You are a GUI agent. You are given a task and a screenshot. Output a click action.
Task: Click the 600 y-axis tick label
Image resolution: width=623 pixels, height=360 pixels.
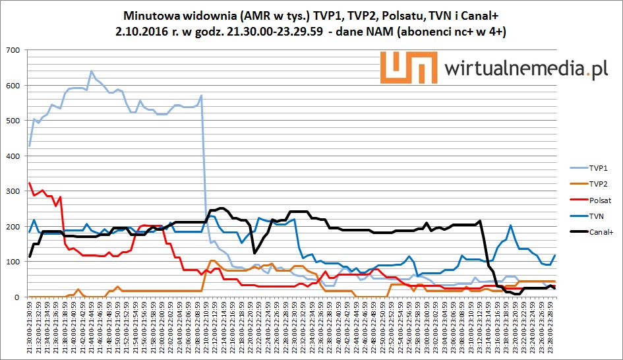click(x=12, y=85)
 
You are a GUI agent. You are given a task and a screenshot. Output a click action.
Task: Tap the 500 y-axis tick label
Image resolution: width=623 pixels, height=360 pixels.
click(x=12, y=121)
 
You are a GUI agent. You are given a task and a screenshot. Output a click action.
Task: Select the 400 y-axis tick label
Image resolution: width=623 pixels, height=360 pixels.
click(x=12, y=156)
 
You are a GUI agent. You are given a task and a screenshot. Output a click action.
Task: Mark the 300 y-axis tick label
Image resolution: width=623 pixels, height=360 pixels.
click(x=12, y=191)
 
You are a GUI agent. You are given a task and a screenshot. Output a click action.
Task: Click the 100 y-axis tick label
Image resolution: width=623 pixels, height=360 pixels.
click(x=12, y=262)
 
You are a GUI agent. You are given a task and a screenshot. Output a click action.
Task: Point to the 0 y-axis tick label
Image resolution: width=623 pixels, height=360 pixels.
click(x=16, y=297)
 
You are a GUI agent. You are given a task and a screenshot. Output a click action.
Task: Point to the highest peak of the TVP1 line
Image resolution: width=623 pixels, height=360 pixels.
click(x=91, y=71)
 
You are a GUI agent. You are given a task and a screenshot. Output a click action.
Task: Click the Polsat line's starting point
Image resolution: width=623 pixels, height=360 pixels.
click(x=30, y=183)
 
